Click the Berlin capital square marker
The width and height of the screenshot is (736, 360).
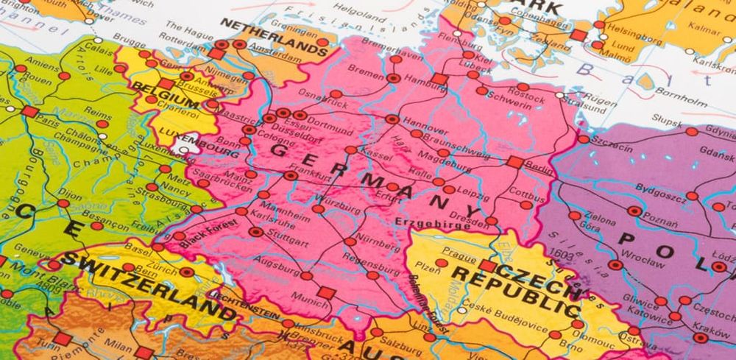point(515,162)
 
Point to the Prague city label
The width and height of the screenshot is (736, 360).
point(460,257)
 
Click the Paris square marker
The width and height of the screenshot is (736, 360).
point(29,112)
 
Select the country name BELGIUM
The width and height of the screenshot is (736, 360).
point(158,94)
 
